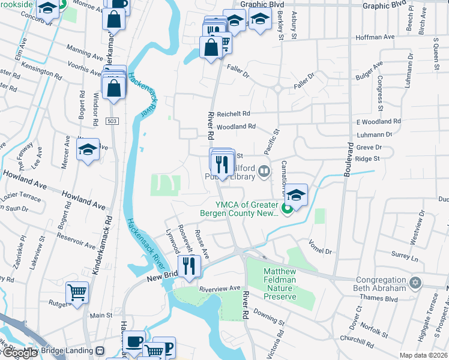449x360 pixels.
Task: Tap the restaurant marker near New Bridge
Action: point(190,265)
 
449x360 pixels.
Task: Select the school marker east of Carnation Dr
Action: point(296,195)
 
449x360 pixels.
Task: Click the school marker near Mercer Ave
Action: point(88,150)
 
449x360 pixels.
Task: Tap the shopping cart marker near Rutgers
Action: point(77,293)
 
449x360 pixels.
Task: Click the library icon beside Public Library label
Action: point(264,173)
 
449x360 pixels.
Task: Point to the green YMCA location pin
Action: point(287,209)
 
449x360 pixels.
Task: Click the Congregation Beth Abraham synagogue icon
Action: point(414,282)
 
